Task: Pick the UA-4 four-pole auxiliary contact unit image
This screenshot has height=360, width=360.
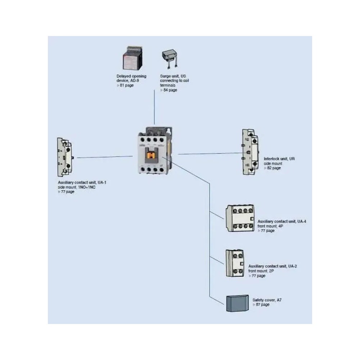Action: coord(240,218)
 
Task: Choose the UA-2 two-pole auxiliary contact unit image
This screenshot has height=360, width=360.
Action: coord(235,263)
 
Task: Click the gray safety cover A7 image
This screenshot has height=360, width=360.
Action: coord(237,303)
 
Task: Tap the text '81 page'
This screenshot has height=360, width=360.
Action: coord(126,85)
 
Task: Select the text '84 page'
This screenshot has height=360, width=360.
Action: coord(170,90)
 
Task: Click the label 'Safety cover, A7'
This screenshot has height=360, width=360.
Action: coord(267,300)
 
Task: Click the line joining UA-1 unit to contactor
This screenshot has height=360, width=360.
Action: coord(104,157)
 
